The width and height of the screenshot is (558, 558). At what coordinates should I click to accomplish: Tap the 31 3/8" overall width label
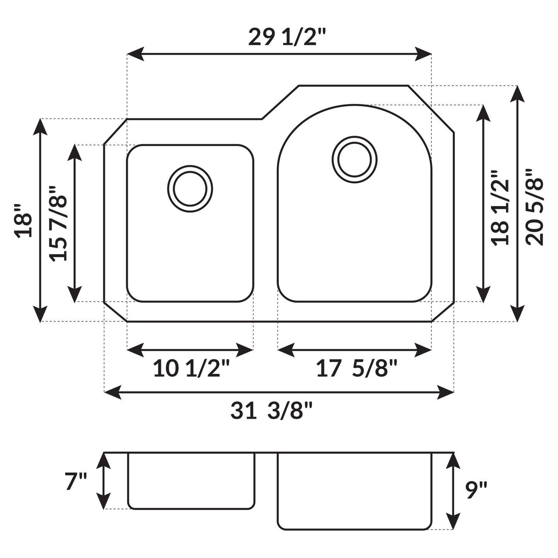click(x=271, y=410)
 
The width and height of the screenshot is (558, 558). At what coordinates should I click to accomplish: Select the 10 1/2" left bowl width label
click(x=191, y=368)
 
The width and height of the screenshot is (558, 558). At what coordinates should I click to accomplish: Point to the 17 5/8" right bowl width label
click(x=356, y=368)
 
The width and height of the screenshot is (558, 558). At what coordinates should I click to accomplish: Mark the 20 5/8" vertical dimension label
click(x=535, y=207)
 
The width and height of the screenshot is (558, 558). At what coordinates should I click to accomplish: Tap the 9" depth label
click(x=476, y=490)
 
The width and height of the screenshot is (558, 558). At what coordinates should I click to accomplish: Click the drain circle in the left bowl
click(x=190, y=189)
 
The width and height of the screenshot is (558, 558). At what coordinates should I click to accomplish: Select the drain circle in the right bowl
click(x=354, y=159)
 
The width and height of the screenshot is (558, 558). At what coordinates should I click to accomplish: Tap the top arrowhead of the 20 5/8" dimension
click(x=517, y=93)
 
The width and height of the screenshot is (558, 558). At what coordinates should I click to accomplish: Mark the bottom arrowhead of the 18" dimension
click(x=40, y=314)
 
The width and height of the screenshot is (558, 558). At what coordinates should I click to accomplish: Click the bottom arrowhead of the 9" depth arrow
click(x=453, y=522)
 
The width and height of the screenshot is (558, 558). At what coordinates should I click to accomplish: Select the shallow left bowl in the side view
click(x=191, y=481)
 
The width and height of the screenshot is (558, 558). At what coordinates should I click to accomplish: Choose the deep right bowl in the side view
click(x=354, y=490)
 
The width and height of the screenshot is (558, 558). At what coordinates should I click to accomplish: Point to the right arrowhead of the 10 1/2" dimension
click(x=245, y=350)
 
